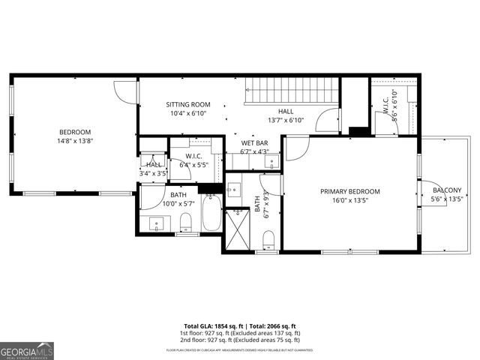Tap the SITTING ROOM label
187,104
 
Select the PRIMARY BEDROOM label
349,191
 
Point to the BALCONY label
446,190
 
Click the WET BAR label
254,142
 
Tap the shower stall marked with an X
238,232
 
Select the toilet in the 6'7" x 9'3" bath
268,238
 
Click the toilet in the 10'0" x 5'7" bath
186,222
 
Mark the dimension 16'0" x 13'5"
349,200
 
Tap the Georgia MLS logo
27,350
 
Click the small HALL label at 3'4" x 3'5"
153,165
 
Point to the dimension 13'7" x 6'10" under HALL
285,120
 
